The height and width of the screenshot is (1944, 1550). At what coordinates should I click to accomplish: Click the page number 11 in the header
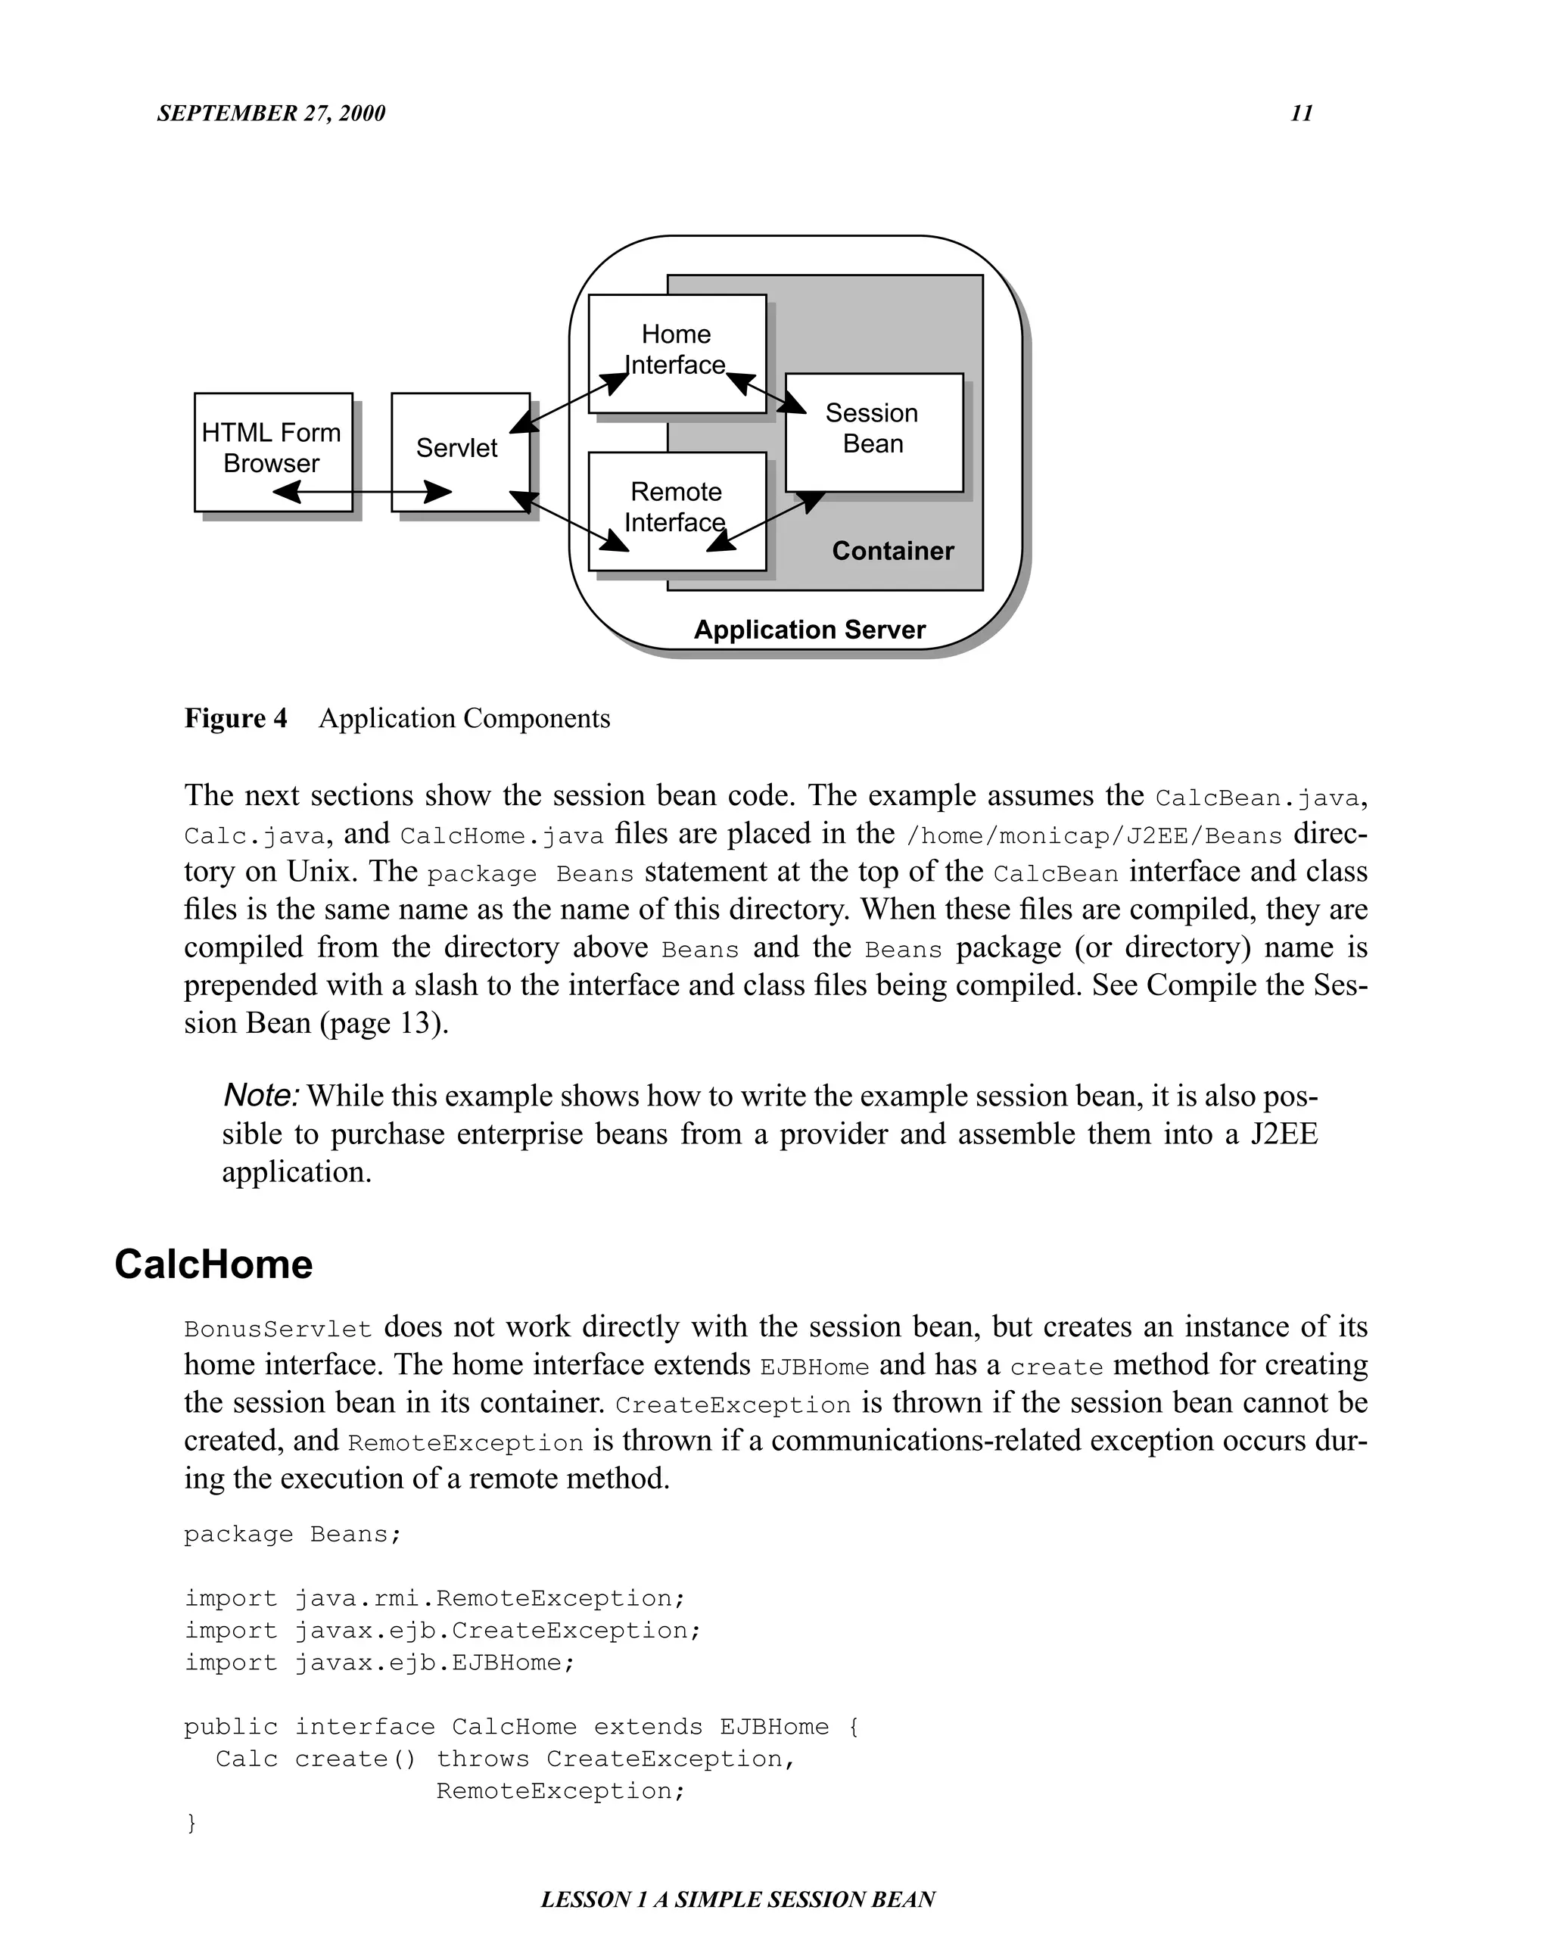1301,113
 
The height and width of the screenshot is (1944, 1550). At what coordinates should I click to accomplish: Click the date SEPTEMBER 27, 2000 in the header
270,113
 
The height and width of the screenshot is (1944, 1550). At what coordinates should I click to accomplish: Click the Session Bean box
873,429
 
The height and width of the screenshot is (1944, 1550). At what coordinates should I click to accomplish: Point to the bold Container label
892,551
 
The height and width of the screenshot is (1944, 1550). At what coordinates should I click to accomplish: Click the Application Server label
809,630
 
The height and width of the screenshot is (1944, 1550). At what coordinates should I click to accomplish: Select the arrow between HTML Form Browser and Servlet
362,493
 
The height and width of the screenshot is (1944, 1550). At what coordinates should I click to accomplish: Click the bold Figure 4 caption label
235,719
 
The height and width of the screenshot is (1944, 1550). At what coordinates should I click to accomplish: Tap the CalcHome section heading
213,1264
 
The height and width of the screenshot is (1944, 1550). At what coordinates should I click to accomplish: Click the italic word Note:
260,1096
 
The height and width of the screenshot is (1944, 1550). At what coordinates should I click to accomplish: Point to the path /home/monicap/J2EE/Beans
1094,836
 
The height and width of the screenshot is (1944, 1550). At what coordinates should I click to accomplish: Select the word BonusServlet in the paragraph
278,1329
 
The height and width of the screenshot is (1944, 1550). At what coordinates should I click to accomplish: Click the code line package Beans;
293,1534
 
